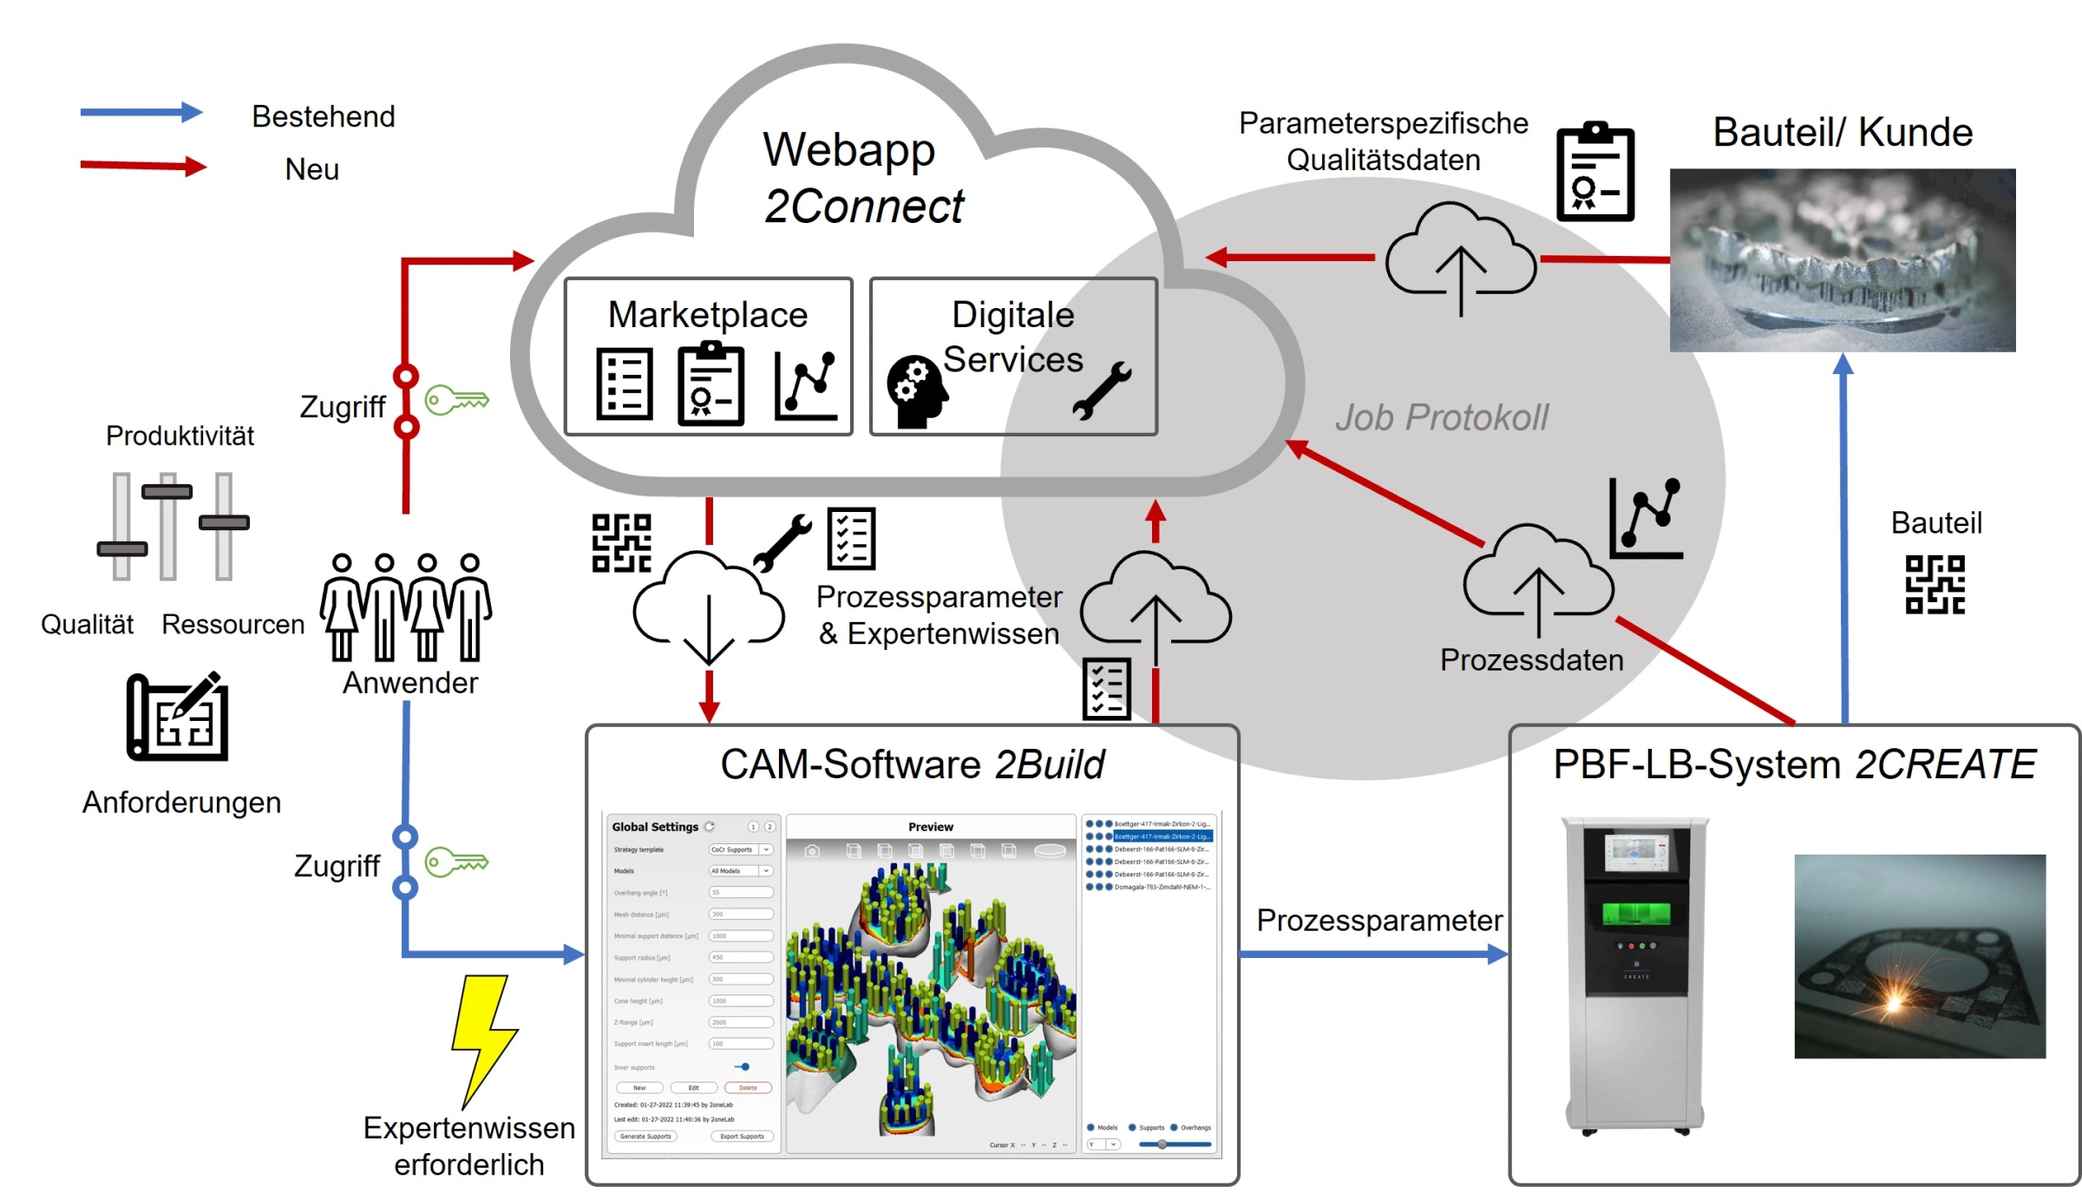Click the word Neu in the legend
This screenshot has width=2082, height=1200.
(x=311, y=169)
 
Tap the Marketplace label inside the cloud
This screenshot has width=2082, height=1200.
(x=707, y=314)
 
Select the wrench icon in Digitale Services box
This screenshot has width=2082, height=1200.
(x=1102, y=390)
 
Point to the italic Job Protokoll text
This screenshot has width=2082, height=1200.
(x=1441, y=417)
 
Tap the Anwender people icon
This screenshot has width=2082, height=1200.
(x=406, y=607)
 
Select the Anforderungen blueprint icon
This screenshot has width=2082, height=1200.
(x=179, y=718)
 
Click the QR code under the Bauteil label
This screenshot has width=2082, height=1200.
(x=1935, y=585)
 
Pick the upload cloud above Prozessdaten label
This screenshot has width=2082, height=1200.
(x=1537, y=577)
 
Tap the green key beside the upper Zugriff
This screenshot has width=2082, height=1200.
(x=456, y=400)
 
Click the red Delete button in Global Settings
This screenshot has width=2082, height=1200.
(x=748, y=1087)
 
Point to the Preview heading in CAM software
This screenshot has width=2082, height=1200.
(x=930, y=827)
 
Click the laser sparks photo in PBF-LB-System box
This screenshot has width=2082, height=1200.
(x=1919, y=956)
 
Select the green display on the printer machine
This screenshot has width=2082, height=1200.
(x=1635, y=913)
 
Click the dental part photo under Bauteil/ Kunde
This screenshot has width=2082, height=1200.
(x=1842, y=260)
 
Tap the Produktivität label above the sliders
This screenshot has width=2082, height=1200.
(x=180, y=436)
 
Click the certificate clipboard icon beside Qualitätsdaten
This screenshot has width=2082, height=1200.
(x=1594, y=173)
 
